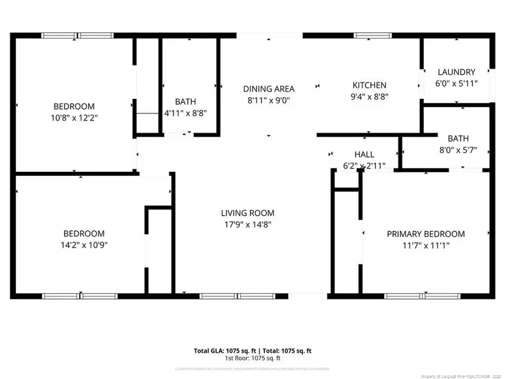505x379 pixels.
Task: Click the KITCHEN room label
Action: point(369,85)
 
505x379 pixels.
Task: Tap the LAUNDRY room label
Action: point(456,72)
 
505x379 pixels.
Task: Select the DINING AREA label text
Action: point(268,89)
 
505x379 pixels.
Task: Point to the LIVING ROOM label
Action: point(247,213)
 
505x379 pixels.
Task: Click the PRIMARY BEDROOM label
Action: point(426,234)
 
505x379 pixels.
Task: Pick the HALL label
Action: point(364,154)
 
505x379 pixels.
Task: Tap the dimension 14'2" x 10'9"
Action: point(84,245)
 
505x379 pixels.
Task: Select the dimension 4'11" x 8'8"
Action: point(185,112)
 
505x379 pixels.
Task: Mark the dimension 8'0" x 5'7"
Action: point(458,150)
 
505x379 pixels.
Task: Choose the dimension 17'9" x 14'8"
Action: point(247,225)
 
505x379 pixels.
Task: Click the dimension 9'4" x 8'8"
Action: point(369,96)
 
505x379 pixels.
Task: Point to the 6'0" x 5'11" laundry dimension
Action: point(456,83)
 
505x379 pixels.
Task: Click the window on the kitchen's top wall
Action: point(369,36)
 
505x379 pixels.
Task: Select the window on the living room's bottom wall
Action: point(238,295)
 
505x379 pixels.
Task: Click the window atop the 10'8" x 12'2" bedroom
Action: point(78,36)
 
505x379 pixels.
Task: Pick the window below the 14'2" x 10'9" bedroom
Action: point(80,295)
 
